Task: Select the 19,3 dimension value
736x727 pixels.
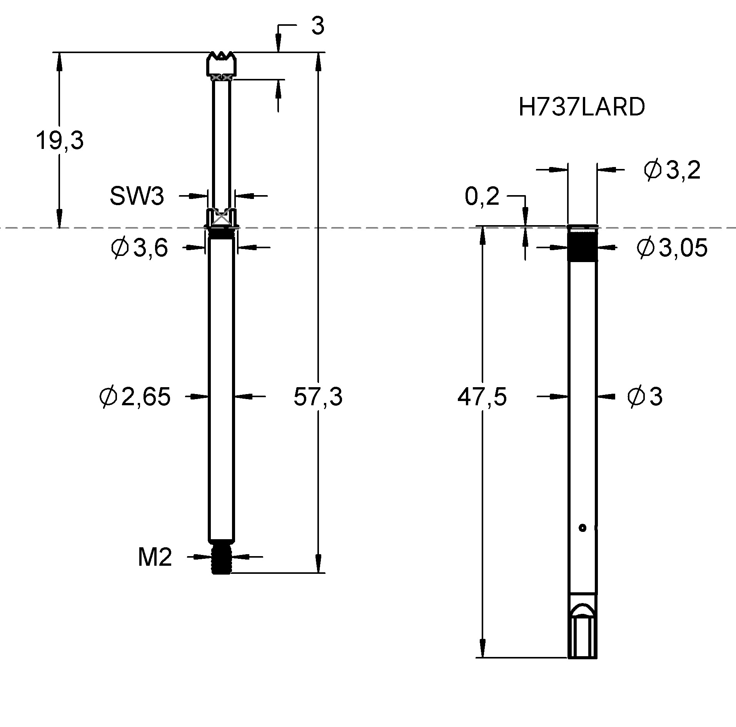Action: pyautogui.click(x=60, y=140)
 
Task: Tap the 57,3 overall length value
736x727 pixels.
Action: pyautogui.click(x=317, y=397)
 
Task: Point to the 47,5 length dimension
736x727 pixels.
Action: pyautogui.click(x=482, y=397)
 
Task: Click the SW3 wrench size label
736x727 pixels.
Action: pyautogui.click(x=137, y=196)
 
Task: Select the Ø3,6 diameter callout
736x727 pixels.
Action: pyautogui.click(x=139, y=248)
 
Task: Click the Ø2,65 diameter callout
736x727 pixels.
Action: pyautogui.click(x=135, y=397)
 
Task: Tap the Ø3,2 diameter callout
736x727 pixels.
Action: pyautogui.click(x=671, y=170)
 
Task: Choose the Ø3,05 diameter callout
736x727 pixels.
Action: pyautogui.click(x=671, y=248)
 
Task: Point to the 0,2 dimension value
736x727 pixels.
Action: pyautogui.click(x=482, y=197)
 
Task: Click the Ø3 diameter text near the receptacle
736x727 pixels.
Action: pyautogui.click(x=645, y=397)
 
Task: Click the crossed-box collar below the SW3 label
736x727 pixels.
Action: pyautogui.click(x=222, y=218)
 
